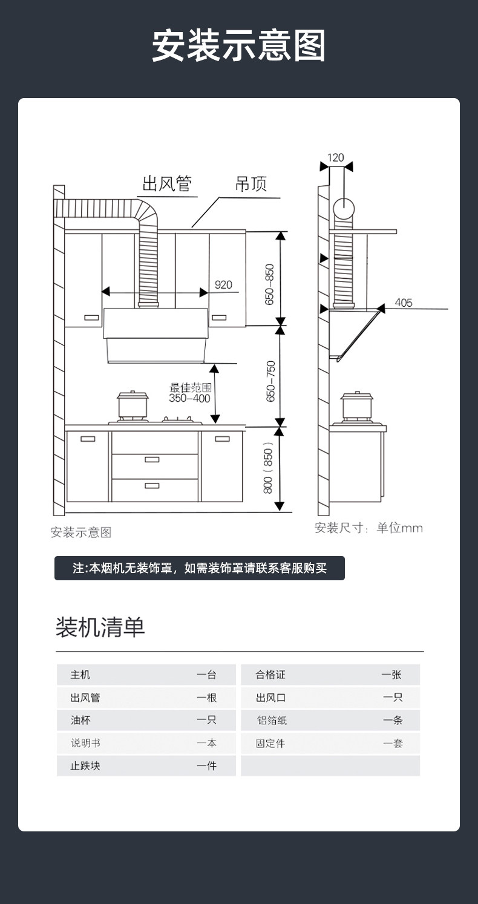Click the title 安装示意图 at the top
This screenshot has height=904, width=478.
(238, 46)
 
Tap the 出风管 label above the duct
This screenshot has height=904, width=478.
(166, 183)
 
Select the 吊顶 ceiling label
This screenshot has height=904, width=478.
(251, 184)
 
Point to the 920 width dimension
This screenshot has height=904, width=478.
(223, 284)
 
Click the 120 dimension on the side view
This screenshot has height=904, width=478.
(335, 158)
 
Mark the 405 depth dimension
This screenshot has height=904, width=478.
(404, 302)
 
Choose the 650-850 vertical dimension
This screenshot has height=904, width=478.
(270, 284)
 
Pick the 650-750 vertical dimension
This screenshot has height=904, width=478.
(270, 381)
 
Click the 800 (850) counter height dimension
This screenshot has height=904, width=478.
(269, 469)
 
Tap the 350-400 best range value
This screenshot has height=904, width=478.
(189, 398)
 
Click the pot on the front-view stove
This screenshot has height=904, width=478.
(133, 405)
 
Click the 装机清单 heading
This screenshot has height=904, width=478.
(100, 627)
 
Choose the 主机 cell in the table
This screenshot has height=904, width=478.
(80, 675)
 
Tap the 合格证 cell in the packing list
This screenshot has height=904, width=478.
(270, 675)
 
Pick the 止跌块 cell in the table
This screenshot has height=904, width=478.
(85, 766)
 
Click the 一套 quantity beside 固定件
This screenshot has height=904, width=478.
(393, 743)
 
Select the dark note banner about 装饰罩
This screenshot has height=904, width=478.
(200, 568)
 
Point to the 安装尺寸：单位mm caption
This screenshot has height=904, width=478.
(368, 528)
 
